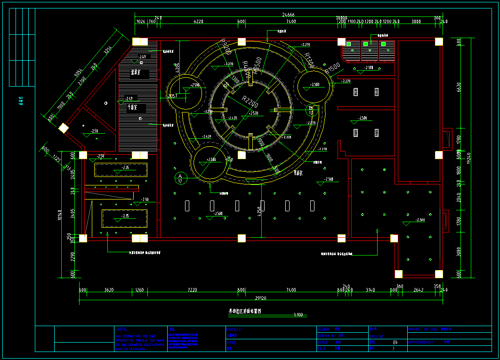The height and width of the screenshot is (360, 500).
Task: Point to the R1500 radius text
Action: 328,69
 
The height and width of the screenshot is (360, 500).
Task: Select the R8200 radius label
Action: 226,47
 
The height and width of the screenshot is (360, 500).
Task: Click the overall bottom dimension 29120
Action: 261,298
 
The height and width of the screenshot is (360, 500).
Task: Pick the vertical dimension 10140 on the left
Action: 60,217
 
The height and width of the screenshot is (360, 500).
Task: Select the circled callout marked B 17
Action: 310,111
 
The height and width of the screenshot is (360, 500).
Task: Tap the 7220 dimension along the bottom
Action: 192,290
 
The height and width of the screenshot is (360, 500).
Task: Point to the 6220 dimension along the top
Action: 198,22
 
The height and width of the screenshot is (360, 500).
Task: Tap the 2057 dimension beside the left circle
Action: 173,96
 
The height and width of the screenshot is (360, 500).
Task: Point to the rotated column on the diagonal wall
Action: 63,128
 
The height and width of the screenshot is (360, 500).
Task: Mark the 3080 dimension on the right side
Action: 459,255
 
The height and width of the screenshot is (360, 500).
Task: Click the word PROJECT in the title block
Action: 234,329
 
